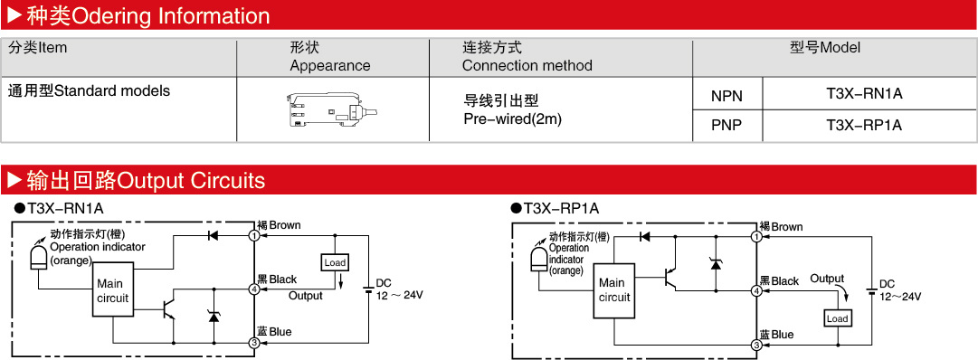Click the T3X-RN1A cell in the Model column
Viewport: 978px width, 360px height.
click(x=865, y=94)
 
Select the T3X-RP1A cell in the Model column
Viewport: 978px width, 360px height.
click(x=865, y=125)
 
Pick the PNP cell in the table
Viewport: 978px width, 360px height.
click(x=726, y=126)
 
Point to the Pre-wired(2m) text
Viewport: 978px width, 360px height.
click(x=513, y=118)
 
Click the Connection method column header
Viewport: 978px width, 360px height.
click(x=527, y=56)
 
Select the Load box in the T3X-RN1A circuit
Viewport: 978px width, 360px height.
click(x=335, y=262)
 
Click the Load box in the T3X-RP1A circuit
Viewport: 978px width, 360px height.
click(x=837, y=318)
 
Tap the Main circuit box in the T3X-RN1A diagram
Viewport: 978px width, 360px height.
click(x=113, y=290)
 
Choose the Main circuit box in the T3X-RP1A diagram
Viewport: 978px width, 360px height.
click(x=613, y=290)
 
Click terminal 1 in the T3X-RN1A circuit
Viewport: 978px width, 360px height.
click(x=254, y=236)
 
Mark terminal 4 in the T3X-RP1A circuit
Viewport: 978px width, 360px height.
click(x=756, y=290)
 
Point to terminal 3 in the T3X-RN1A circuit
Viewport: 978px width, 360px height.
click(x=254, y=343)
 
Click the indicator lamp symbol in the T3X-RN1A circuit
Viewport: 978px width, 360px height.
click(x=38, y=256)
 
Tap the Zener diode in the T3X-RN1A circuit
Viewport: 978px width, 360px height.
click(x=214, y=316)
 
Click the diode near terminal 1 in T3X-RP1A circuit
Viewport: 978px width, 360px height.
click(x=645, y=236)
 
